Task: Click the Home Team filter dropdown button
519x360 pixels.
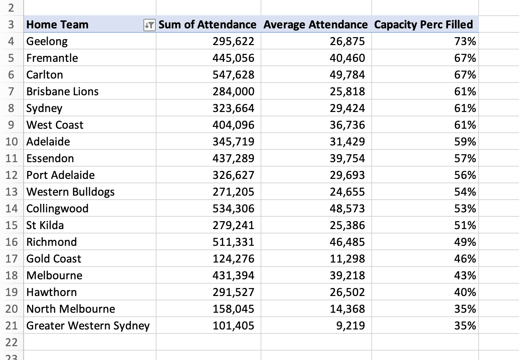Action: click(149, 25)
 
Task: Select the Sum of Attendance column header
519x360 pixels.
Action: click(207, 25)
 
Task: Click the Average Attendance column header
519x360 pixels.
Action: click(316, 25)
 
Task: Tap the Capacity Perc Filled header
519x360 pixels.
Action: click(423, 25)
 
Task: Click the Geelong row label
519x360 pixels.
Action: click(47, 41)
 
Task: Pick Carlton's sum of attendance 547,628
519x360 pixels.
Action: click(233, 75)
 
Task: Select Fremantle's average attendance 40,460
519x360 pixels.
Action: click(347, 58)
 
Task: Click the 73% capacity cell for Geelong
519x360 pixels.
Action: click(465, 41)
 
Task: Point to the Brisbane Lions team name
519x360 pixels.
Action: click(62, 92)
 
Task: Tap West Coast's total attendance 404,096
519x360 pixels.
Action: click(233, 125)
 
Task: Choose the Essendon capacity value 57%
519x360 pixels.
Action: click(465, 159)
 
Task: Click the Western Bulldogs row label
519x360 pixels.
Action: click(70, 192)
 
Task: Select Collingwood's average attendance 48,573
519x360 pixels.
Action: click(347, 209)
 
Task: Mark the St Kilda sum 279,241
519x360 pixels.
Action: click(233, 225)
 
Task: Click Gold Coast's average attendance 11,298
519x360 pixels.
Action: click(347, 259)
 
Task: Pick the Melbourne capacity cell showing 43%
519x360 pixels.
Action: click(465, 276)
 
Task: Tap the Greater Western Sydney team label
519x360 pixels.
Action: click(88, 326)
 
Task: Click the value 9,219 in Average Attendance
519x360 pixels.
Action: click(350, 326)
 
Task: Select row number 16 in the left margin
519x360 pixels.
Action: click(11, 242)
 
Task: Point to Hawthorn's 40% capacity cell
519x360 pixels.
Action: click(465, 292)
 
